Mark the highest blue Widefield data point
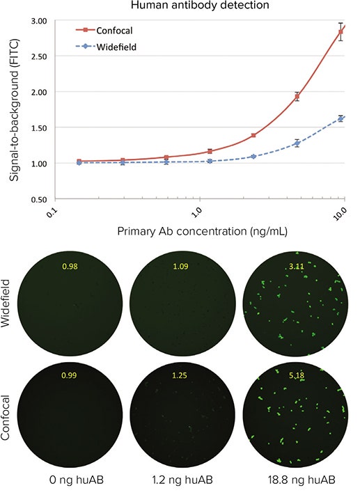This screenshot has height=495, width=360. [x=341, y=119]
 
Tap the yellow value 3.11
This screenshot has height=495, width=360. [x=302, y=266]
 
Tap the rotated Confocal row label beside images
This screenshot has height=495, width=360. [x=10, y=419]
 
